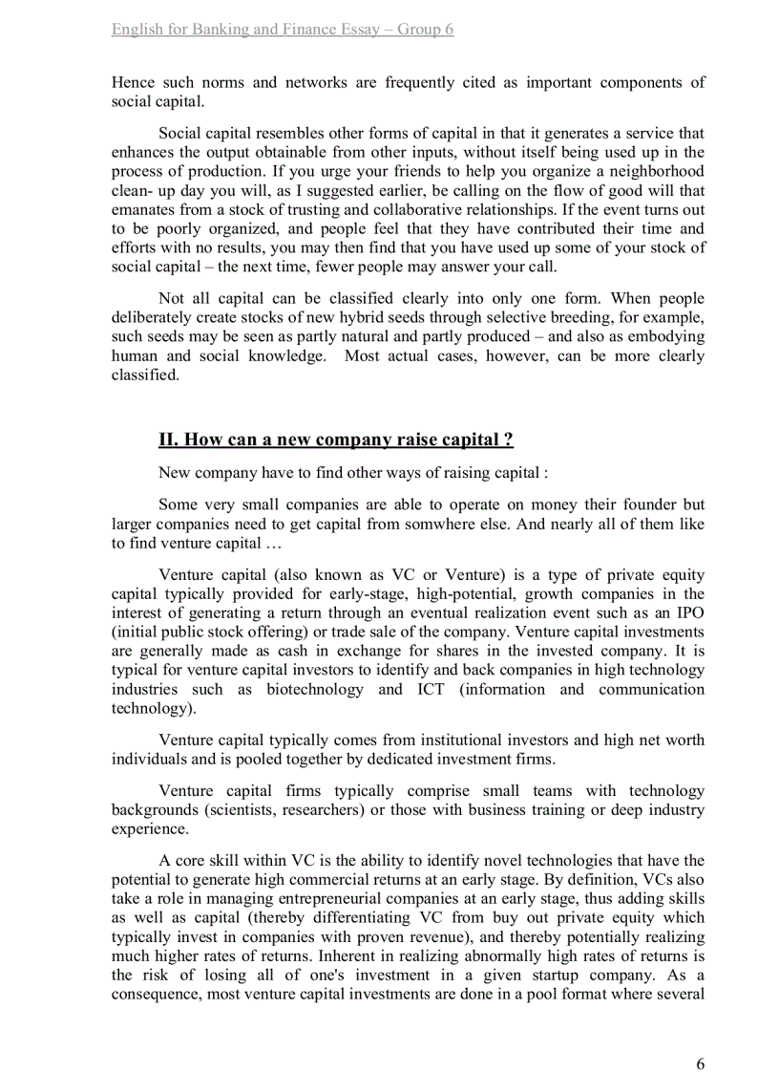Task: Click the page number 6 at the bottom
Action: click(x=700, y=1038)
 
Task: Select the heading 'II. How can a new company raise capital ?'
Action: click(x=336, y=440)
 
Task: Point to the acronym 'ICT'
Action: click(x=431, y=689)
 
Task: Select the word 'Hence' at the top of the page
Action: click(x=133, y=82)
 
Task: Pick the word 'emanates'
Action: click(x=141, y=209)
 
